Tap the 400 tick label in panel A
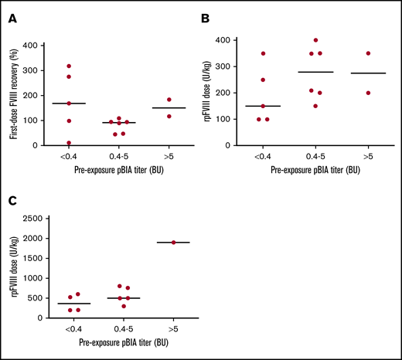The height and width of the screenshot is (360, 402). coord(32,46)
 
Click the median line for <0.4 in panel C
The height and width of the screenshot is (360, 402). coord(74,304)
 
